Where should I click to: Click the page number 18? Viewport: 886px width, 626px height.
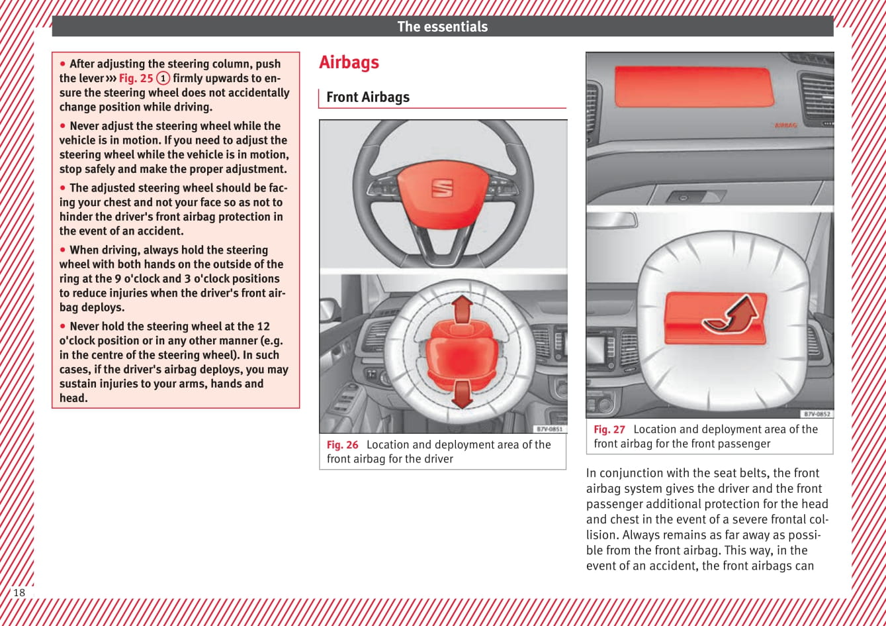point(19,592)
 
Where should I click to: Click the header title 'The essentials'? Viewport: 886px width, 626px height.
point(442,26)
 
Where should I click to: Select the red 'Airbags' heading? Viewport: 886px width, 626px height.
point(349,62)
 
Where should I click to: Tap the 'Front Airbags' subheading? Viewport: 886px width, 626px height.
point(368,97)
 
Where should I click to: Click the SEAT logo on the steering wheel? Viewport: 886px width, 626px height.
point(442,187)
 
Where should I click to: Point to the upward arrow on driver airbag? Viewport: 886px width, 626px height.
point(463,309)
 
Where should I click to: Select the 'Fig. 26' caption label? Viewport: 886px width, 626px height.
point(342,445)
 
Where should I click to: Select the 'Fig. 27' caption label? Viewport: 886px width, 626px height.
point(609,429)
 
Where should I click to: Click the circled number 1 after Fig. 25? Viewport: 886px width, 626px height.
point(163,78)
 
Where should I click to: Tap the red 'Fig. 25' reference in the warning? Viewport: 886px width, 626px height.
point(136,78)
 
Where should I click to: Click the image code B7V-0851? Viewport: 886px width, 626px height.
point(549,429)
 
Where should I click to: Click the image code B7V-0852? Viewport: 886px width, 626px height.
point(817,414)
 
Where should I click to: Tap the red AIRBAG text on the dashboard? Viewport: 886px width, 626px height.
point(785,125)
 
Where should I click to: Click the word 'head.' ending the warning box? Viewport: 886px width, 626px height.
point(73,398)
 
